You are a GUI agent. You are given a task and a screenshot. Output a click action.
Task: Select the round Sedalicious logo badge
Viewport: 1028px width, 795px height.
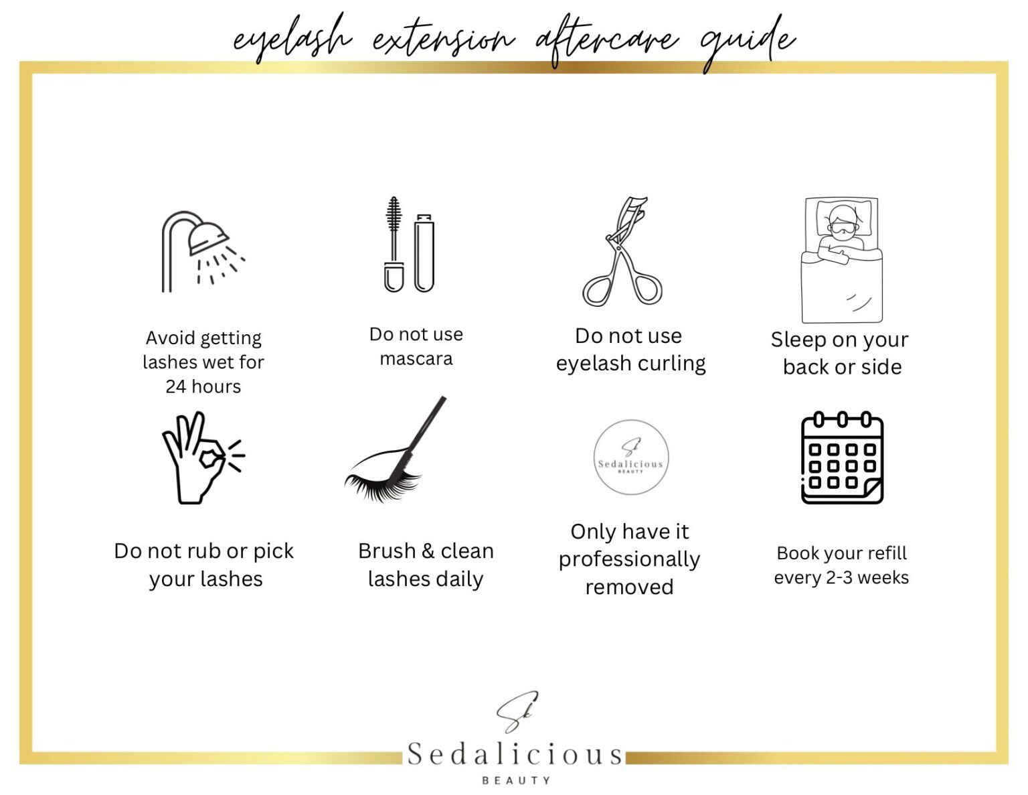click(630, 457)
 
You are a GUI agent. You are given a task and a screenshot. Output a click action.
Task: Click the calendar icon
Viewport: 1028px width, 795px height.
click(842, 458)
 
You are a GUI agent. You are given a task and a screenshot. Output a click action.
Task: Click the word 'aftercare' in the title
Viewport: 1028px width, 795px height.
click(606, 40)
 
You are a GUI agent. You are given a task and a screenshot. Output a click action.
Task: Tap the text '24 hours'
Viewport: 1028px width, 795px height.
click(203, 386)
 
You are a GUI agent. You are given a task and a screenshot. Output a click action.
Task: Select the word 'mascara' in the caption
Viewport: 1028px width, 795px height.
click(416, 359)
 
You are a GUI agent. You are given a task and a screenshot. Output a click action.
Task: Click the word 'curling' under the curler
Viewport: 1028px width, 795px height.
click(671, 364)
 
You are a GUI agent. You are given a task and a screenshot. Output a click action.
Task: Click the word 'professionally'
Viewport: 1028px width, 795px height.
click(629, 559)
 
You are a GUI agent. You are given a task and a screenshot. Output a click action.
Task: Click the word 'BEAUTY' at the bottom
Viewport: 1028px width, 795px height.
click(516, 780)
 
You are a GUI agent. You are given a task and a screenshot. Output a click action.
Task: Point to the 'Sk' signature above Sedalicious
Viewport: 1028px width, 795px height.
click(517, 712)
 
